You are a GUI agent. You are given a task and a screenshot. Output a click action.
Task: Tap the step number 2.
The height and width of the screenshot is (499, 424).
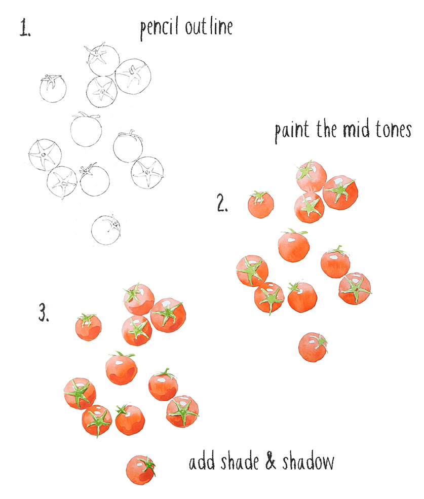point(222,204)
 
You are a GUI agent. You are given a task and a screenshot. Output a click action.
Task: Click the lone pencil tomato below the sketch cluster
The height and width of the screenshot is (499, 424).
point(105,229)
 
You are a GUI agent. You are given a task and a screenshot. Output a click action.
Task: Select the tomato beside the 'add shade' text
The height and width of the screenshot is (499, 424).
point(140,469)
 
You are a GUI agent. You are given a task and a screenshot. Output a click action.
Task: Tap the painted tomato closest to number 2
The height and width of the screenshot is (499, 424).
point(260,204)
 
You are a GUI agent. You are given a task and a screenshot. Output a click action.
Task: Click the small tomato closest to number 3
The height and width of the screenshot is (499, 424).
point(88,327)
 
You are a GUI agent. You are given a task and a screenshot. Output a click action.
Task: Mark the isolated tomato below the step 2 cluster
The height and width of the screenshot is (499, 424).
point(313,347)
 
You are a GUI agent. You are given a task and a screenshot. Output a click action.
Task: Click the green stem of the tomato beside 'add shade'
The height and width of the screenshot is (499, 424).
point(148,465)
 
